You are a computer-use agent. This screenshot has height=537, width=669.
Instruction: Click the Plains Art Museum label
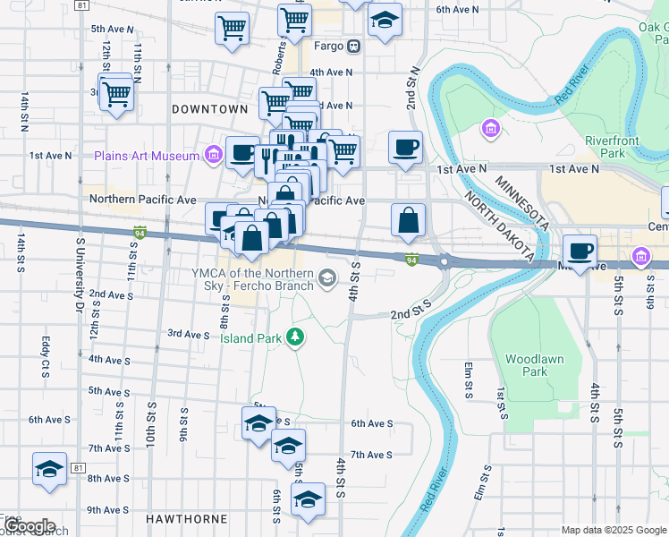(148, 156)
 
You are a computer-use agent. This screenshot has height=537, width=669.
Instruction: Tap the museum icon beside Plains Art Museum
(214, 155)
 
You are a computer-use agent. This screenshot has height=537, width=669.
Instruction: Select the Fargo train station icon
(354, 46)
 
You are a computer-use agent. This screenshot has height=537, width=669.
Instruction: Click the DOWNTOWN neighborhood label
(209, 108)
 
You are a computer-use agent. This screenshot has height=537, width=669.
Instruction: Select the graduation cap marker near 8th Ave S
(49, 468)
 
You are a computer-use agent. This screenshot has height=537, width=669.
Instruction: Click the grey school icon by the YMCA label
(328, 278)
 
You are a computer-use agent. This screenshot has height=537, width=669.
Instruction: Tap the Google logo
(29, 526)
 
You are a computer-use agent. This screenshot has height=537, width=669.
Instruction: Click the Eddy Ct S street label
(46, 356)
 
